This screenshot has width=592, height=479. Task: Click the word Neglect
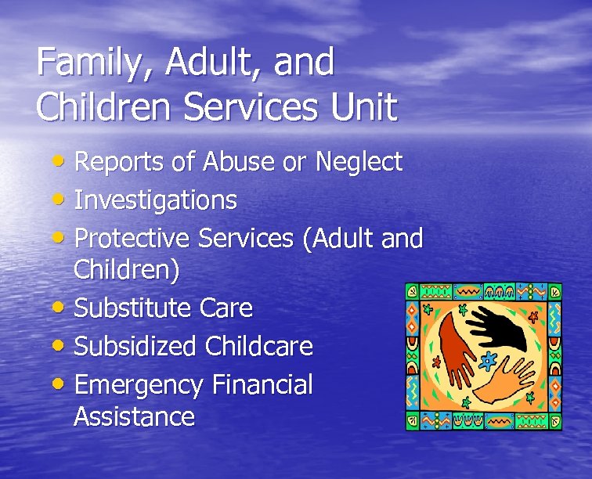pos(359,162)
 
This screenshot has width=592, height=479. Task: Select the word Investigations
pos(155,200)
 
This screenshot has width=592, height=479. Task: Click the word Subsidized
pos(135,346)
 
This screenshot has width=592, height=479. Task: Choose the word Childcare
pos(259,346)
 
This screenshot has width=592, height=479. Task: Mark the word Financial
pos(262,384)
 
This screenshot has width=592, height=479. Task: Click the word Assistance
pos(134,416)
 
